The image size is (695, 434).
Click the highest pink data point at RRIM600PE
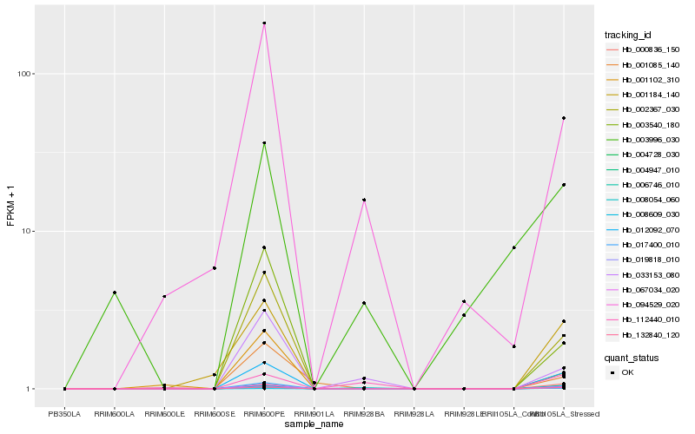pos(264,23)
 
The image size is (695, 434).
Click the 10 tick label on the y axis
pos(26,231)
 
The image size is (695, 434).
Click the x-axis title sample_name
pos(314,424)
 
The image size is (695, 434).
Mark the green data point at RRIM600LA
pos(114,293)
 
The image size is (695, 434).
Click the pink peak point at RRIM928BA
pos(364,200)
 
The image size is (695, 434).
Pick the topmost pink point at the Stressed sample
pos(564,118)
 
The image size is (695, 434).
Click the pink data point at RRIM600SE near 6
pos(214,268)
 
